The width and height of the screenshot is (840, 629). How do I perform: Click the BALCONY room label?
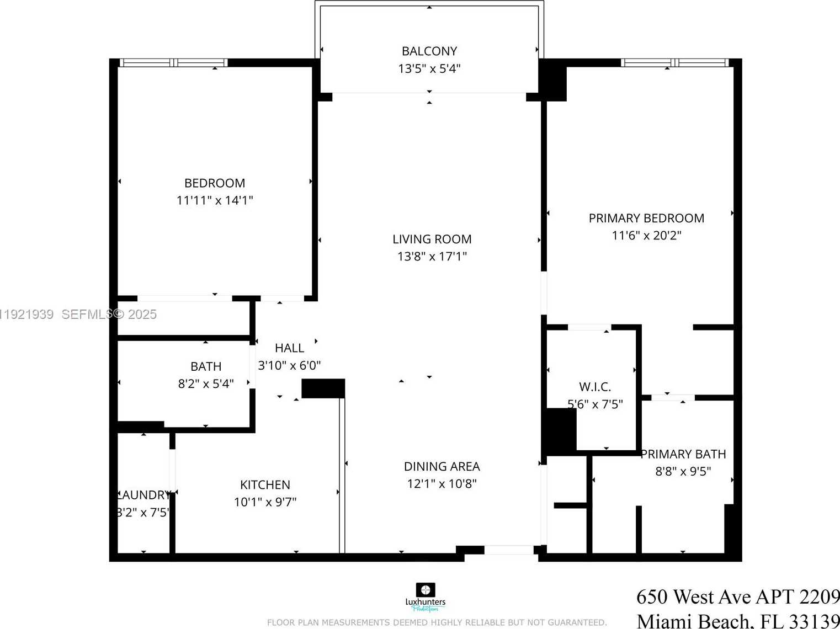coord(429,51)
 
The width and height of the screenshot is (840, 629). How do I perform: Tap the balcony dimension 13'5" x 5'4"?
coord(429,69)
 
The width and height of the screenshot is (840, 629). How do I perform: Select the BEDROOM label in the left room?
coord(215,183)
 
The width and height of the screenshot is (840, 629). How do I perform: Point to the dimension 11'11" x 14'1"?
coord(215,200)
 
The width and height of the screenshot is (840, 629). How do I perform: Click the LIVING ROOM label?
coord(432,239)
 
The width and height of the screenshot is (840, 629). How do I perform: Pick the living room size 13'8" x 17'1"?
coord(432,257)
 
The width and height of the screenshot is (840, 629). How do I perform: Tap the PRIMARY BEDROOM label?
coord(646,218)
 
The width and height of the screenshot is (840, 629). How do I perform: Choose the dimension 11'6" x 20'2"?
coord(646,236)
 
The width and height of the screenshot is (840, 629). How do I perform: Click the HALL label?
coord(289,348)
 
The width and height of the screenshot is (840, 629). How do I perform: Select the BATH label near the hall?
coord(206,367)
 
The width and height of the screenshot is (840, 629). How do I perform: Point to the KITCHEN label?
coord(265,485)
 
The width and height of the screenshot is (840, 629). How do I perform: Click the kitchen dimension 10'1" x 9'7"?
coord(265,502)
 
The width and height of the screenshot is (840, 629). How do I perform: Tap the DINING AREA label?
coord(442,467)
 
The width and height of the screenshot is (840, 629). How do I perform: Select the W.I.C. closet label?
coord(595,387)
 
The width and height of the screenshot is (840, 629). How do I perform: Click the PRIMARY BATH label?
coord(683,454)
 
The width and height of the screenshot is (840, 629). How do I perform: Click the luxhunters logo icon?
coord(425,590)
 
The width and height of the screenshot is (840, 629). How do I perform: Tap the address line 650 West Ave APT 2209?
coord(737,597)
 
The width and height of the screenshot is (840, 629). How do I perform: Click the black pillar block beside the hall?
coord(323,388)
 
